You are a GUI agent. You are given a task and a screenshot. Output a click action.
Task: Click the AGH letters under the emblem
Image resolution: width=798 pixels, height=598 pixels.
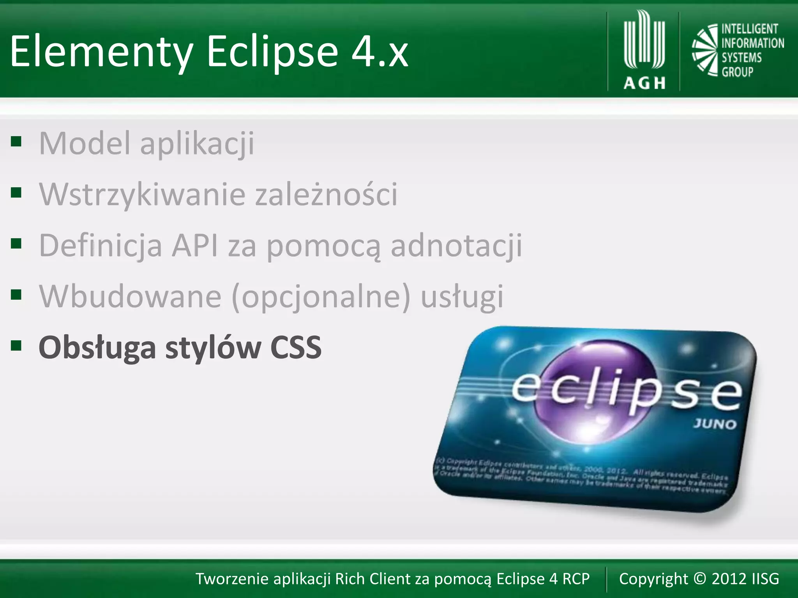click(x=644, y=83)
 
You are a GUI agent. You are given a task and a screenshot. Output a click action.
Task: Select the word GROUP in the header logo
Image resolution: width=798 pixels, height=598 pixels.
click(x=737, y=72)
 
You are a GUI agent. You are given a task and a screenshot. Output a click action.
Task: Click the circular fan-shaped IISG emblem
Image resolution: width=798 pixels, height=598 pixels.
click(x=705, y=50)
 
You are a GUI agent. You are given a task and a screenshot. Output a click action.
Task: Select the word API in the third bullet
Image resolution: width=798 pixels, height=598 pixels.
click(x=195, y=245)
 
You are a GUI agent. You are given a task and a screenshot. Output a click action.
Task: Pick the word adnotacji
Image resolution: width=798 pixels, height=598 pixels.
click(x=456, y=245)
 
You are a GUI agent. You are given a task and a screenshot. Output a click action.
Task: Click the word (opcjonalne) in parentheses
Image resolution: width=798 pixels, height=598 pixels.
click(x=321, y=297)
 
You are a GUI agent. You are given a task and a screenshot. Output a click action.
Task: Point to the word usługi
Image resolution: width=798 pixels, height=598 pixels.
click(x=462, y=297)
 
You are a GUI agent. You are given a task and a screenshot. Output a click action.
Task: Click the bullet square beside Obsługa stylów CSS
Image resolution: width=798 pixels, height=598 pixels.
click(x=16, y=345)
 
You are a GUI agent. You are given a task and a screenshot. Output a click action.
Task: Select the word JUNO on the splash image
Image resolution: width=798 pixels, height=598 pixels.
click(x=714, y=424)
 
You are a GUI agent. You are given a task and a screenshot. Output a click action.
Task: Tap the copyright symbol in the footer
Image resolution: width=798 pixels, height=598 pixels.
click(x=700, y=579)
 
